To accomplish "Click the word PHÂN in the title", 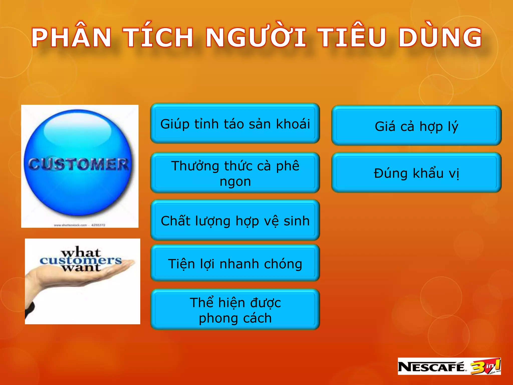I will tap(71, 38).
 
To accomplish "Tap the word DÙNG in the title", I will tap(440, 38).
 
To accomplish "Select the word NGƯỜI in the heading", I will tap(255, 38).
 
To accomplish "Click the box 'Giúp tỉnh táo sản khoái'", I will tap(235, 124).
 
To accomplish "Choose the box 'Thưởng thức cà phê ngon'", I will tap(235, 173).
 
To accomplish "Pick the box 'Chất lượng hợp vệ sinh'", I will tap(235, 221).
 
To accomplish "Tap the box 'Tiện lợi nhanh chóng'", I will tap(235, 264).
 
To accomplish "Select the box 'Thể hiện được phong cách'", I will tap(235, 310).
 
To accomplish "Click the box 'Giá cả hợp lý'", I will tap(416, 126).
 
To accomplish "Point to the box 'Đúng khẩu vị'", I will tap(416, 173).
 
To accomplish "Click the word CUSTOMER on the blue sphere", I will tap(78, 164).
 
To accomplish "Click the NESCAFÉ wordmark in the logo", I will tap(431, 367).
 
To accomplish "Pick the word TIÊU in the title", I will tap(352, 38).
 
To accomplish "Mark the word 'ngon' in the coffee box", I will tap(235, 181).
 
